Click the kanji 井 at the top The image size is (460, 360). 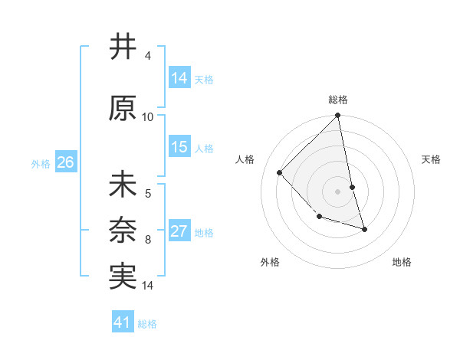(123, 47)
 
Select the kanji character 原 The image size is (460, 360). (123, 109)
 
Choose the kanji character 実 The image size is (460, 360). (123, 277)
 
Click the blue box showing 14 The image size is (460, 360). (179, 77)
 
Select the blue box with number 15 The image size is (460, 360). (179, 147)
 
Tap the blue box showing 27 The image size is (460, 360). (179, 231)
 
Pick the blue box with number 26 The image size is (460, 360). (65, 162)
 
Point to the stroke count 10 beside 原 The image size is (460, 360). (148, 117)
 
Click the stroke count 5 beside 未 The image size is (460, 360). (148, 194)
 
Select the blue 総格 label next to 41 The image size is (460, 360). (147, 324)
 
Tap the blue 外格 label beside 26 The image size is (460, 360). (41, 163)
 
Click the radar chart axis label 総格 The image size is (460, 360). (338, 100)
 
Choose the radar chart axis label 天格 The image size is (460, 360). (432, 159)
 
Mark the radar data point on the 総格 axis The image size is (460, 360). (338, 116)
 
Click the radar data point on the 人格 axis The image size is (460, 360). (280, 172)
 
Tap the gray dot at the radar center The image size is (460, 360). (338, 191)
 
